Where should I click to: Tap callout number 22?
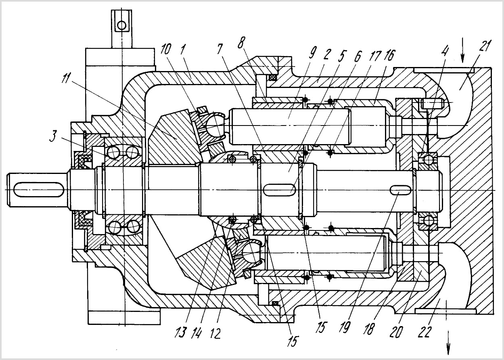pyautogui.click(x=425, y=332)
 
